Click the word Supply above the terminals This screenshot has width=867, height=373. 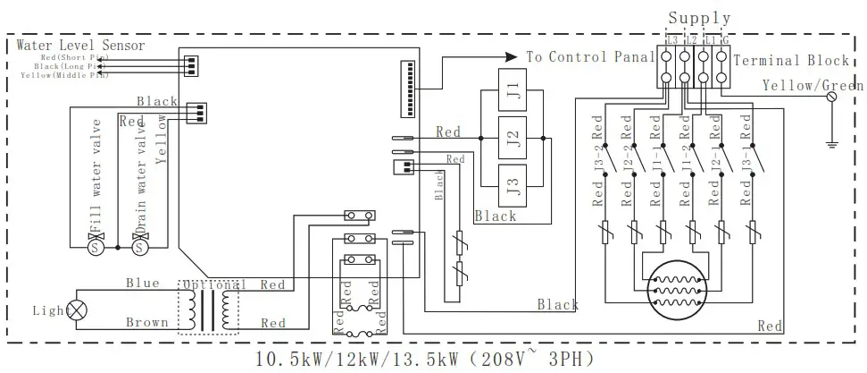[x=699, y=17]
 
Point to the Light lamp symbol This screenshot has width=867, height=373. [x=78, y=309]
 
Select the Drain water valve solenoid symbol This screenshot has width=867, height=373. [x=139, y=247]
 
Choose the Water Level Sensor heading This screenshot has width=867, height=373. [x=80, y=46]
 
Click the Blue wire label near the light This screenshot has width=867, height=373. [x=142, y=284]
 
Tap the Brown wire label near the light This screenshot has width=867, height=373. [x=146, y=322]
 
